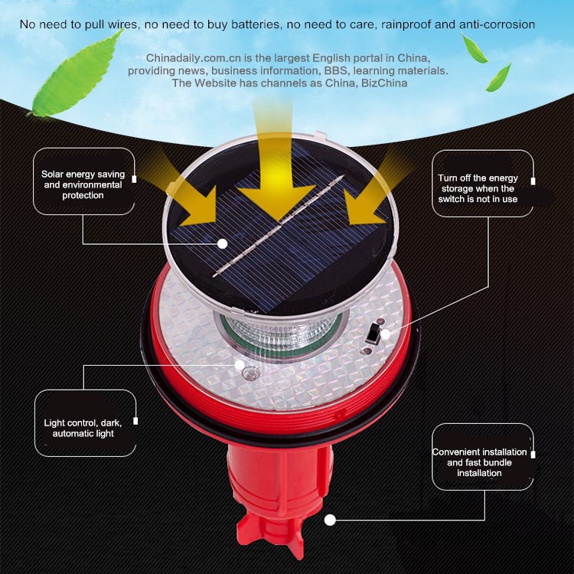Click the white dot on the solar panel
point(222,243)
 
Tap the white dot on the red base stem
point(330,520)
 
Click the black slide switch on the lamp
point(373,334)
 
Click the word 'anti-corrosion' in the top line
point(497,24)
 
